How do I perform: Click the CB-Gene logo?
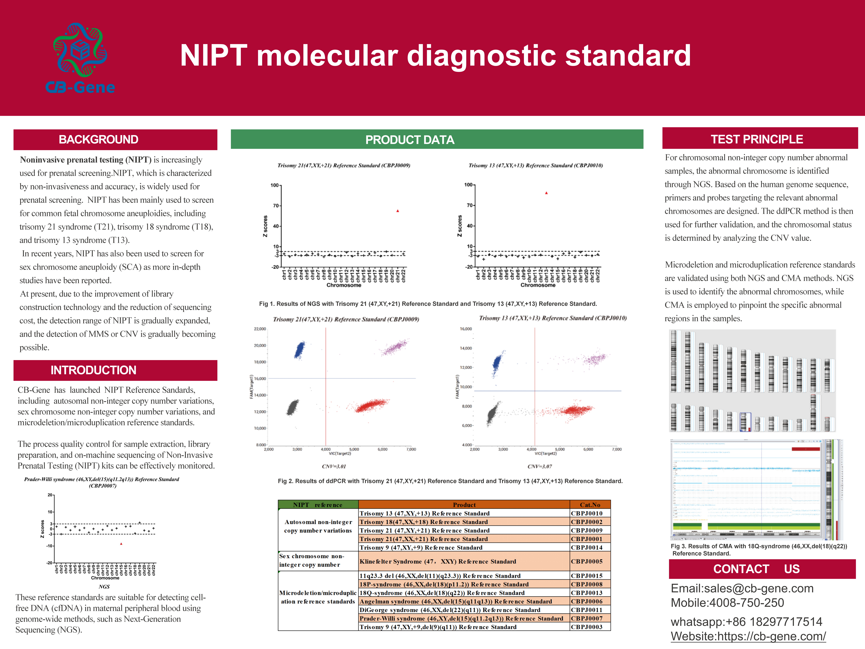[80, 58]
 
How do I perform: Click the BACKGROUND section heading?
[99, 140]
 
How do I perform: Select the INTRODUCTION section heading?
[93, 370]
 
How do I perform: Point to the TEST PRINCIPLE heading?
[757, 139]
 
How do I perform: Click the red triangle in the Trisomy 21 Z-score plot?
[398, 211]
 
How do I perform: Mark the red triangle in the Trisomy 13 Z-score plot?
[546, 193]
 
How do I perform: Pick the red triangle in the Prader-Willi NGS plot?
[121, 544]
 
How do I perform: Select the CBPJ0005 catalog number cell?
[587, 561]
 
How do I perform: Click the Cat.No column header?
[590, 505]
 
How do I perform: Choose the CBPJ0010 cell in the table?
[587, 513]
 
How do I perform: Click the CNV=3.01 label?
[334, 466]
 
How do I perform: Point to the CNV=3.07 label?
[540, 466]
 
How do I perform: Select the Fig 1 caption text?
[428, 304]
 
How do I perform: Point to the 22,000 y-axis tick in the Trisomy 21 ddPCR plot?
[260, 329]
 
